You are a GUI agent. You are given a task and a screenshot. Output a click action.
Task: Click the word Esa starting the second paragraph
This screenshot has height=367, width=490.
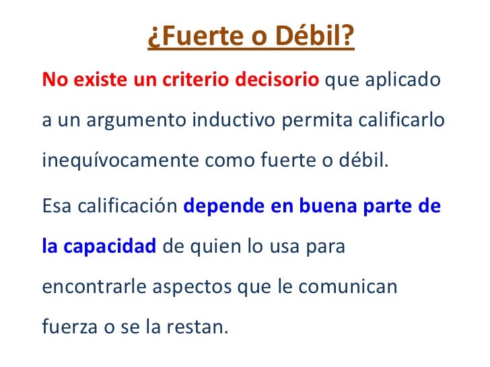pyautogui.click(x=56, y=205)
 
